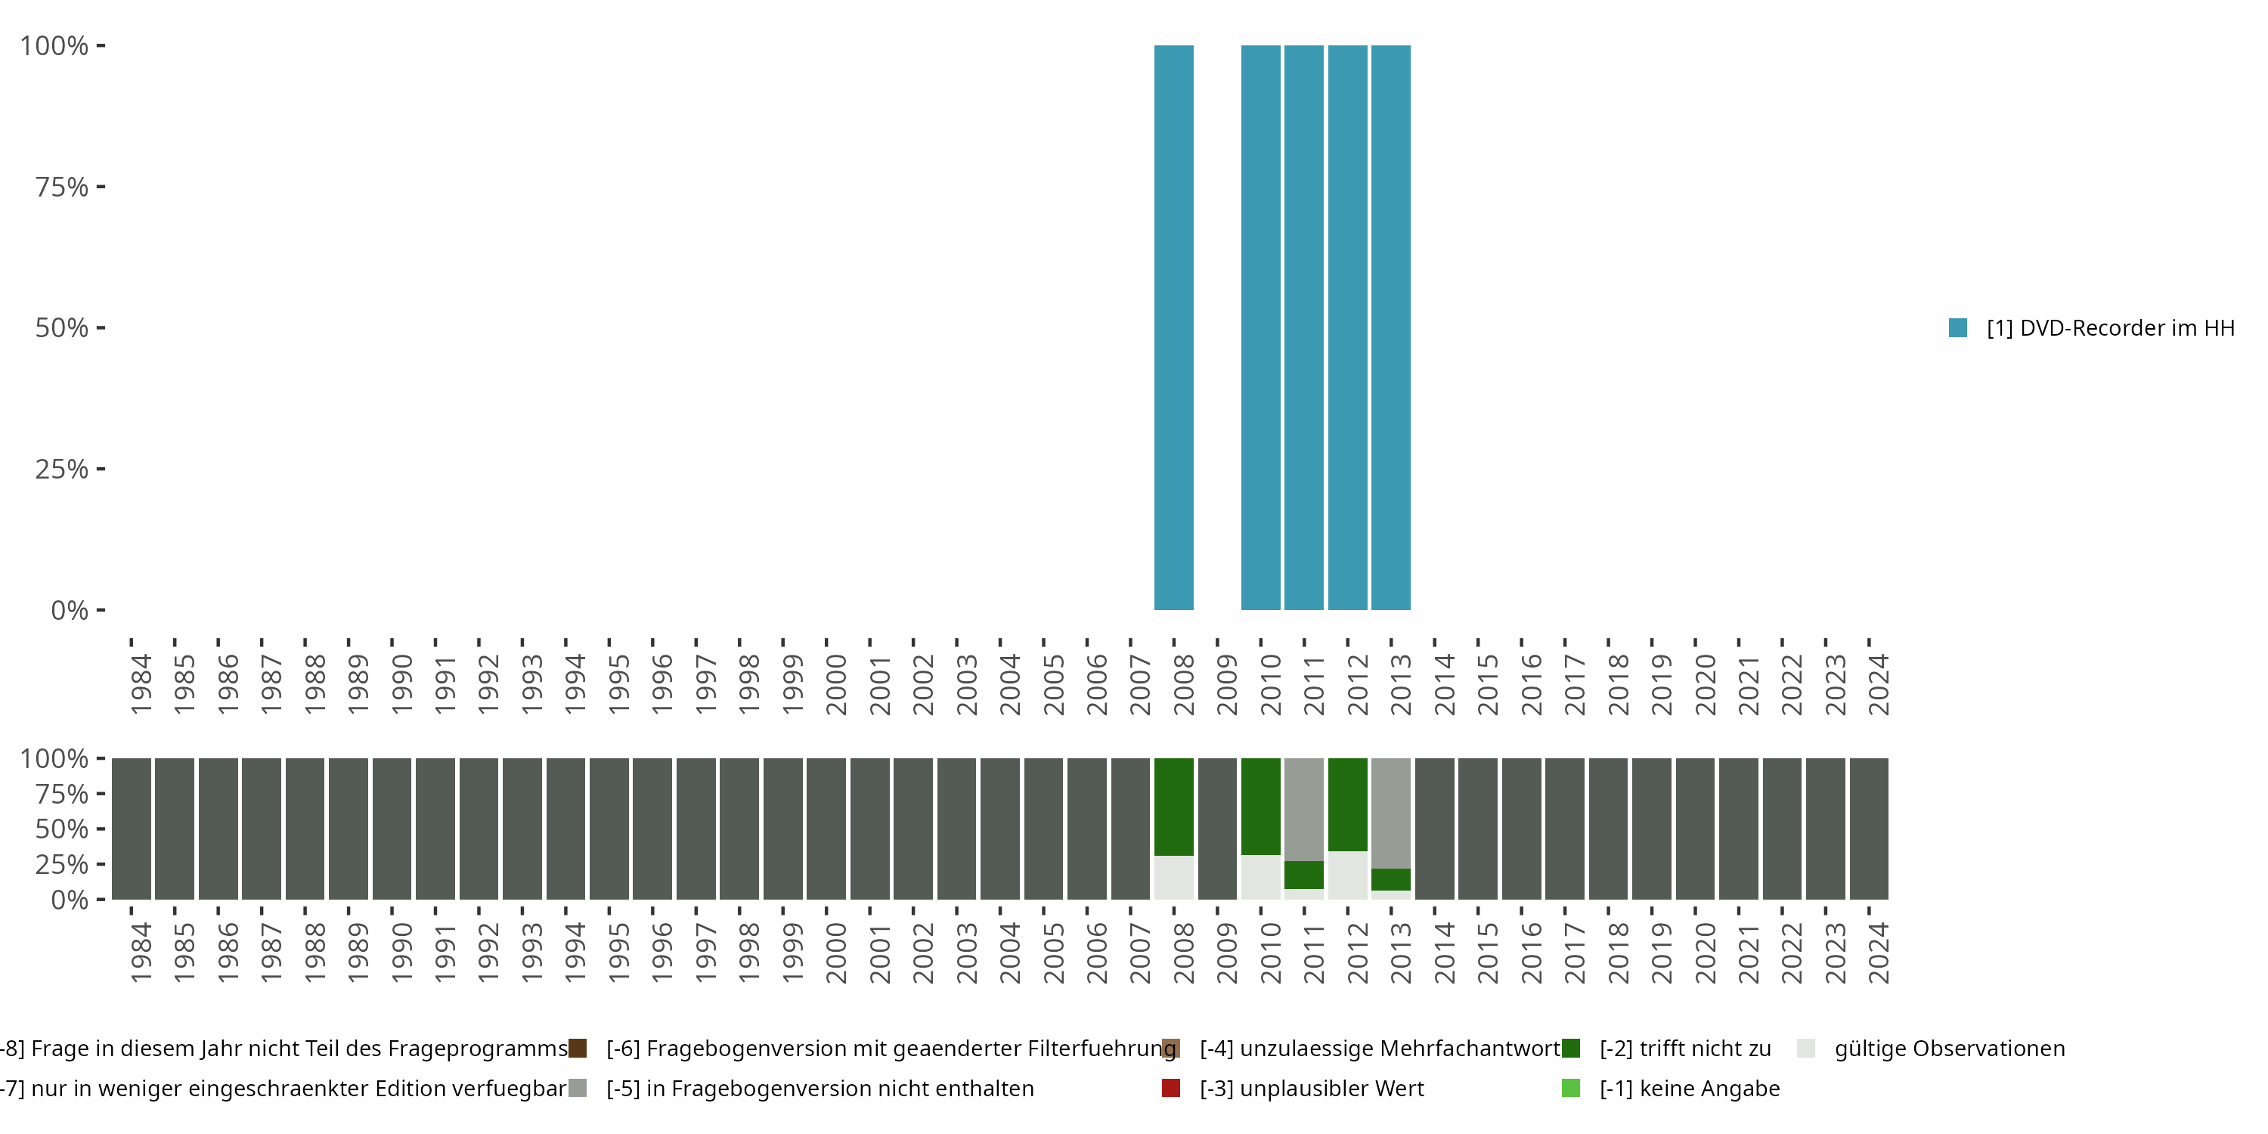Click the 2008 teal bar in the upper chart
[1173, 327]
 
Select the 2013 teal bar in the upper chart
[1391, 327]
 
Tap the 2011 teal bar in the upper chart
[1304, 327]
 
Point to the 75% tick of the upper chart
[62, 187]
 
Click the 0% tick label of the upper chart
[70, 610]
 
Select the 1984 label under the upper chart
[141, 684]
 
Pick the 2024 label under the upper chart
[1879, 684]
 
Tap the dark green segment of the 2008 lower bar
[1173, 807]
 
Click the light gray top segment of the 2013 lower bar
[1391, 813]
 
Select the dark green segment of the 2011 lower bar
[1304, 874]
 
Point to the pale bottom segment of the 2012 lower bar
[1347, 875]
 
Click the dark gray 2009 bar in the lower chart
[1218, 829]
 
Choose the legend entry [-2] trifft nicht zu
[1684, 1049]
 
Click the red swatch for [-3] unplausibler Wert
[1171, 1088]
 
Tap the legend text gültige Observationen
[1949, 1049]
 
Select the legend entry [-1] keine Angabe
[1689, 1088]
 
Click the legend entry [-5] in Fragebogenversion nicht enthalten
[819, 1088]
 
